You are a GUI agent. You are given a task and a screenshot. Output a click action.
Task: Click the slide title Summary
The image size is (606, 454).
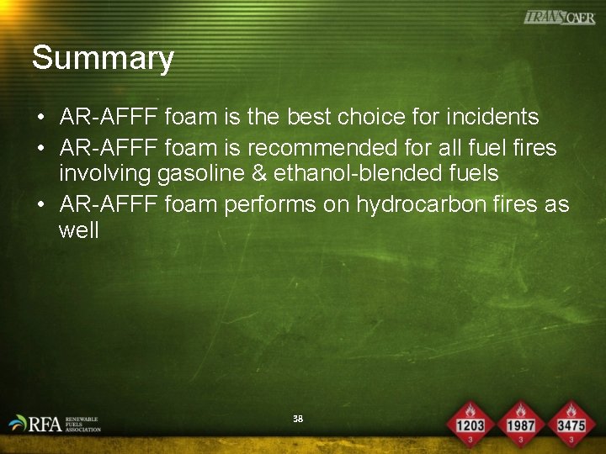[x=103, y=59]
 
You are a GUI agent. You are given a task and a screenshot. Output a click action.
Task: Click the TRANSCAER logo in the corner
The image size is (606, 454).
[x=559, y=18]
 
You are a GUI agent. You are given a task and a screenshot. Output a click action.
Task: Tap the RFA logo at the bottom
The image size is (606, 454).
[x=54, y=424]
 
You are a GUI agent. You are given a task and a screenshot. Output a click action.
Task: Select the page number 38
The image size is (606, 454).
[x=297, y=419]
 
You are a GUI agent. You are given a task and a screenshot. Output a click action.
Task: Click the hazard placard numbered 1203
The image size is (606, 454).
[x=470, y=421]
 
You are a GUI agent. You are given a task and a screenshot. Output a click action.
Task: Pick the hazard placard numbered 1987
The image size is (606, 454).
[x=521, y=421]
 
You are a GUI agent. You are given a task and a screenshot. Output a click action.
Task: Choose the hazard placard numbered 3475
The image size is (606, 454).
[x=571, y=421]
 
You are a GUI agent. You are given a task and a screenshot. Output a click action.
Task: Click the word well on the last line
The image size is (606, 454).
[x=78, y=230]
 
